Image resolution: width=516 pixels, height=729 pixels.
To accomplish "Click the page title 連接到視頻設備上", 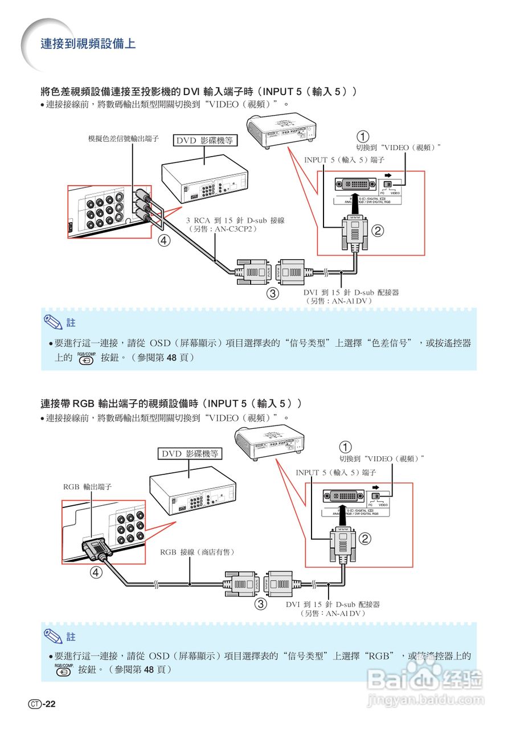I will pyautogui.click(x=88, y=44).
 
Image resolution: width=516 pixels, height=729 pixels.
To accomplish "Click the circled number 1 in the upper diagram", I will pyautogui.click(x=363, y=136).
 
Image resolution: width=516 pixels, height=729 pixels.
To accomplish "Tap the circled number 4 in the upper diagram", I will pyautogui.click(x=164, y=240).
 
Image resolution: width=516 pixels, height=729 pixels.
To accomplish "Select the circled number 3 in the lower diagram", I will pyautogui.click(x=260, y=604).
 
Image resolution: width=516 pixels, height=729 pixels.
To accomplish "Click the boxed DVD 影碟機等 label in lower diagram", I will pyautogui.click(x=189, y=453).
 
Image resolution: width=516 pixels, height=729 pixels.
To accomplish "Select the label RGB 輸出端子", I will pyautogui.click(x=87, y=487).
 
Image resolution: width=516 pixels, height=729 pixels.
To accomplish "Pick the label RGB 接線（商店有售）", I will pyautogui.click(x=198, y=552).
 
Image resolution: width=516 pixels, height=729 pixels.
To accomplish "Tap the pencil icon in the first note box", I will pyautogui.click(x=54, y=322).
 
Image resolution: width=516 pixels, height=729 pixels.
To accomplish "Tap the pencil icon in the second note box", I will pyautogui.click(x=54, y=635).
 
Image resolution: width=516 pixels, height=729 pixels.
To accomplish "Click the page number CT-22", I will pyautogui.click(x=42, y=704).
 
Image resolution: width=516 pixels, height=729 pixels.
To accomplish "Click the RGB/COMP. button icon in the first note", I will pyautogui.click(x=86, y=358).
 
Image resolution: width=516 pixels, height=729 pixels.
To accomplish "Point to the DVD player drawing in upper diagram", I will pyautogui.click(x=205, y=182).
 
